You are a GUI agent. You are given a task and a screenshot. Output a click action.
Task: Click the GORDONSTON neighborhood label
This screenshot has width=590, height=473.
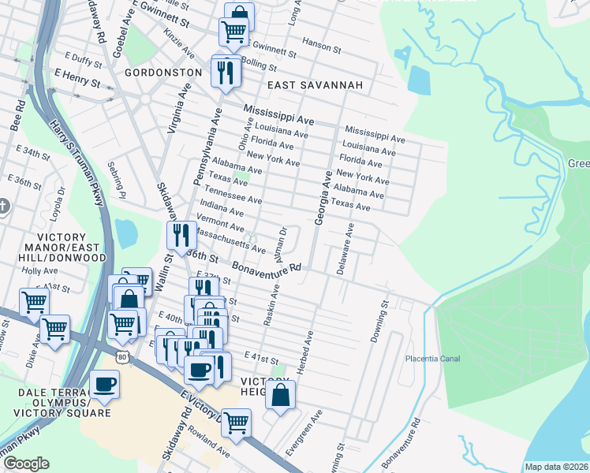pyautogui.click(x=162, y=72)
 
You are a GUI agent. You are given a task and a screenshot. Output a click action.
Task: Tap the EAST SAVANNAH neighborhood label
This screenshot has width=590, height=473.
pyautogui.click(x=314, y=85)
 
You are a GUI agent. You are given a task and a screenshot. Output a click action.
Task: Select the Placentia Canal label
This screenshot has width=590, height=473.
pyautogui.click(x=432, y=359)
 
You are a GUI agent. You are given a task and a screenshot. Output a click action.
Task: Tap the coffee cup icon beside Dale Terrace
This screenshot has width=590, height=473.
pyautogui.click(x=104, y=385)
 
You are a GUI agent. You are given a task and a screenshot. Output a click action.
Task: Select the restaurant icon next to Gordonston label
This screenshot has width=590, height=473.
pyautogui.click(x=226, y=73)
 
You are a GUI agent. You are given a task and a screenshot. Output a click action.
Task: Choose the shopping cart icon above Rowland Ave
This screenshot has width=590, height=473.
pyautogui.click(x=236, y=423)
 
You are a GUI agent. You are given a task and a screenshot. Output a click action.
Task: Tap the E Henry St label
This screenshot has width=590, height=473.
pyautogui.click(x=77, y=81)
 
